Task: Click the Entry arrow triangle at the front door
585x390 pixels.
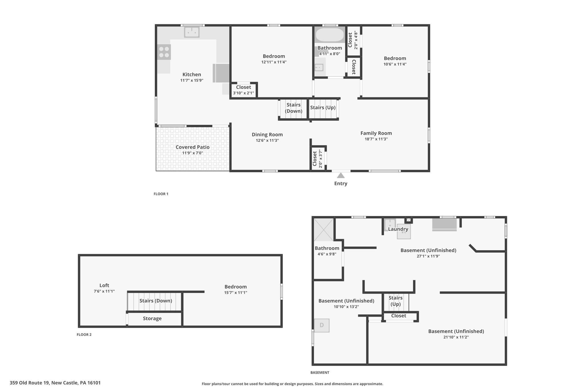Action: pos(340,175)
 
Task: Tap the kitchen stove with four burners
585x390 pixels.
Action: pos(164,52)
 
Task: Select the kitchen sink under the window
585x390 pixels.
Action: pos(192,32)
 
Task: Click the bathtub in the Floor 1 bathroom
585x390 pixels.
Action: pos(330,35)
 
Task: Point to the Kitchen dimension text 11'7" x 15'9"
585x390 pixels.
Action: pos(192,81)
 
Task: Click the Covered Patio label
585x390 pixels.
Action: pos(193,147)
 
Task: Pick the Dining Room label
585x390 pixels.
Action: pos(267,135)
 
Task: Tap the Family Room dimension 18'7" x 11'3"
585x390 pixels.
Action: pos(376,139)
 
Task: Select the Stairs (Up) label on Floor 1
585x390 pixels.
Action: pos(323,108)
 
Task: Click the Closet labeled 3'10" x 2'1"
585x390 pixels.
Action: pos(244,90)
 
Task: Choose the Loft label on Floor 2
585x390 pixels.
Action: pos(104,285)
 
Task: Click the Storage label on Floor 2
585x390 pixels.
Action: pos(152,319)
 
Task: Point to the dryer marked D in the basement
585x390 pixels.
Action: pos(322,325)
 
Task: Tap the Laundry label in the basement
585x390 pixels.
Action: pos(398,229)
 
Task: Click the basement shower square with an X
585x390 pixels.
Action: pos(324,230)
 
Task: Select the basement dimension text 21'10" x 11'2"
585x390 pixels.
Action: pos(456,337)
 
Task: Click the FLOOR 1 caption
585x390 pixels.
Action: pos(161,194)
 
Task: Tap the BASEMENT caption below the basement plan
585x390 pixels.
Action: pos(320,373)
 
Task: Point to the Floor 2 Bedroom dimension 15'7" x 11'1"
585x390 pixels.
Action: pos(236,293)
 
